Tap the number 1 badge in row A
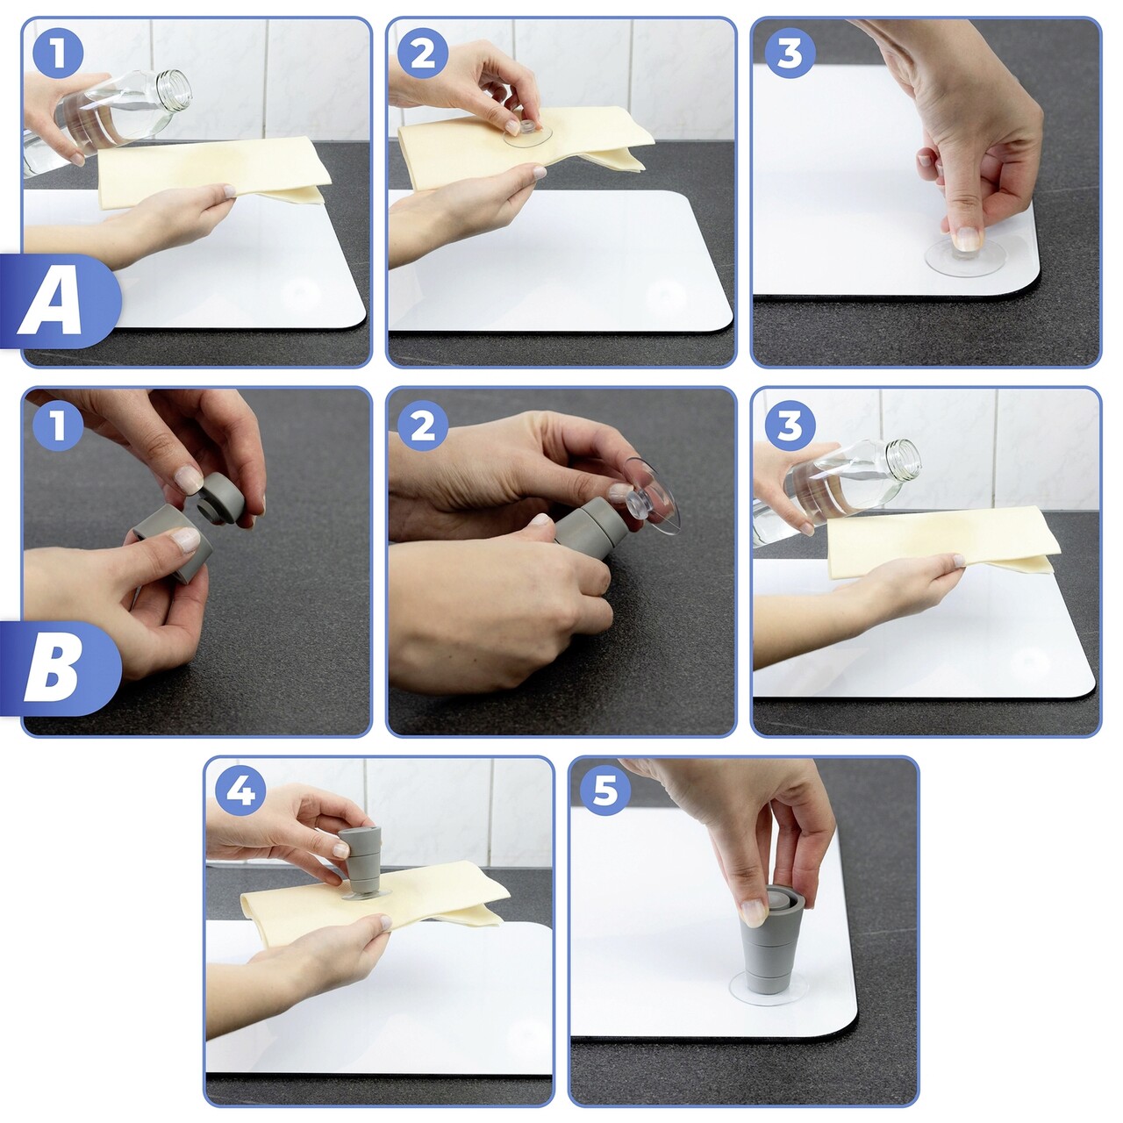click(x=58, y=53)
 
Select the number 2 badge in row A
click(x=423, y=53)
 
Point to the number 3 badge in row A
click(x=789, y=53)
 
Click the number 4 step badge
click(x=240, y=792)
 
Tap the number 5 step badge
click(x=605, y=792)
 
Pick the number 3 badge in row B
click(x=789, y=425)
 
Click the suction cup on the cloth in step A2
click(x=526, y=136)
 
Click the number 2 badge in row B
click(x=423, y=425)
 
